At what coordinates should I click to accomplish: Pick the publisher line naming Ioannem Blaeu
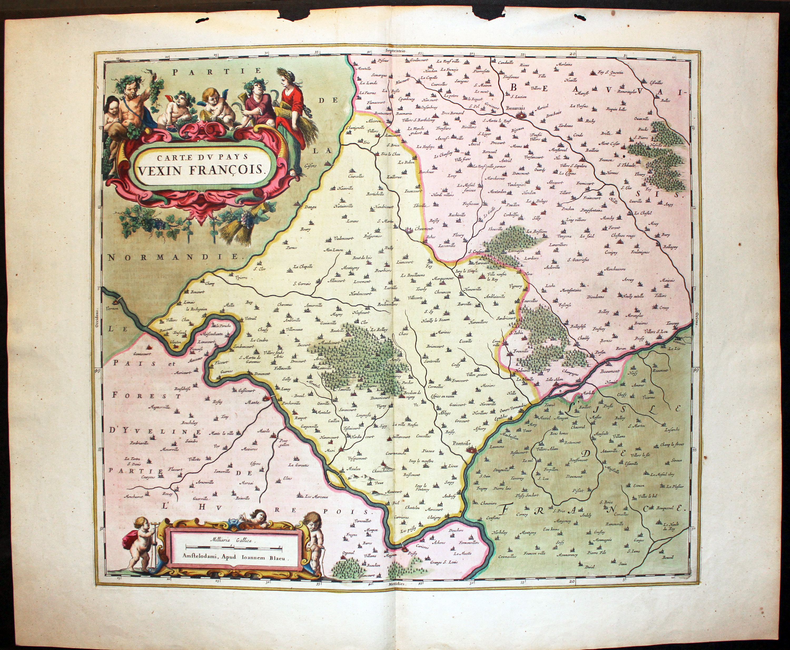[234, 557]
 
